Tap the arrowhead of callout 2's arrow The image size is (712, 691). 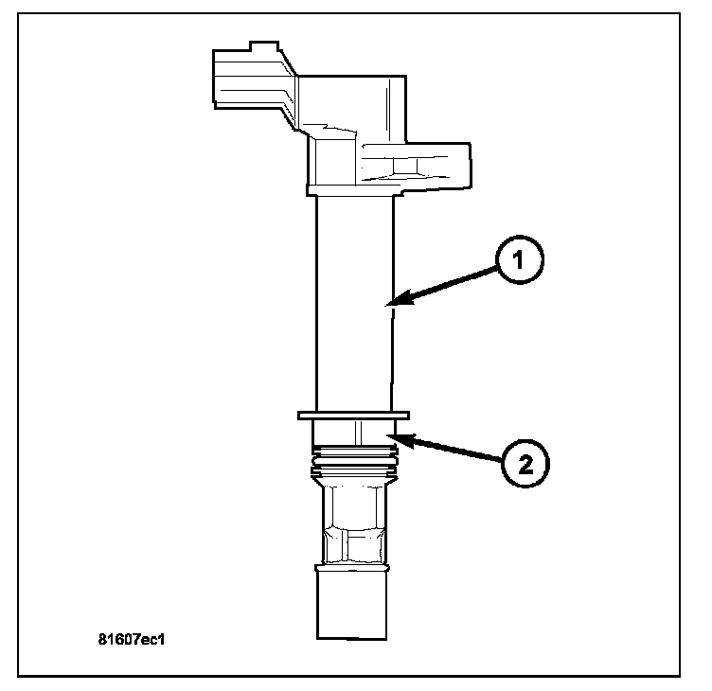(396, 436)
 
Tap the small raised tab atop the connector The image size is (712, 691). (260, 44)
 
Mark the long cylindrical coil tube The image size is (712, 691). (352, 303)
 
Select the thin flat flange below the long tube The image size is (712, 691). (352, 415)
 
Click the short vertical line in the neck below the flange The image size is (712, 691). (356, 432)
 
